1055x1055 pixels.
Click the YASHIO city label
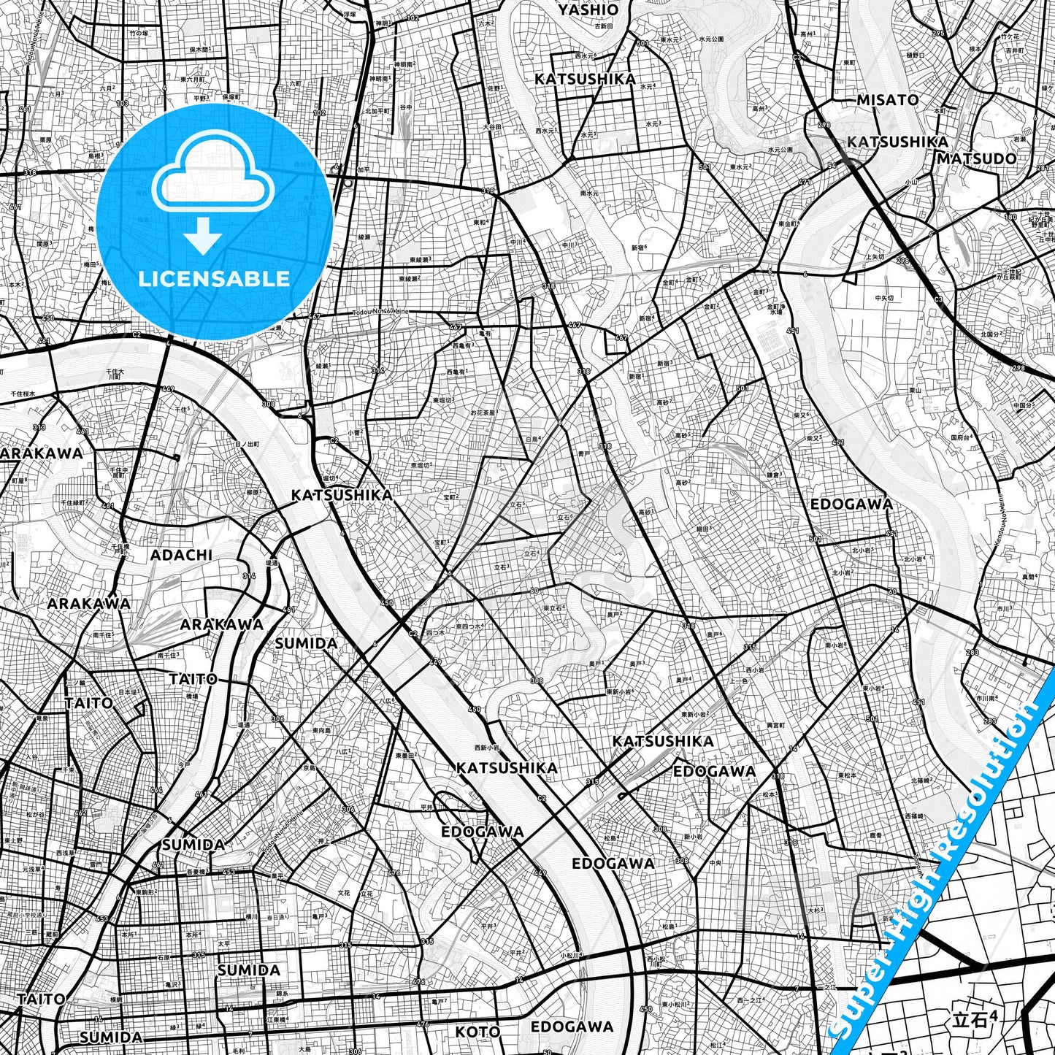(x=588, y=10)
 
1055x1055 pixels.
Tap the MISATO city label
(x=887, y=100)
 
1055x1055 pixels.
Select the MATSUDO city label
(x=976, y=158)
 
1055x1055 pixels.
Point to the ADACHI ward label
(x=181, y=555)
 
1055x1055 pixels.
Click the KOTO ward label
(x=477, y=1032)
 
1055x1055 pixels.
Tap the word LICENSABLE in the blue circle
(x=214, y=278)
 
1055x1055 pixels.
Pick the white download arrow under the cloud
(x=203, y=235)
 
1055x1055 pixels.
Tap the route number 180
(x=1010, y=217)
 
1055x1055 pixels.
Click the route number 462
(x=81, y=813)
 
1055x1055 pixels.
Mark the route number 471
(x=805, y=183)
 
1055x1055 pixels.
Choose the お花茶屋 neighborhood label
(x=483, y=413)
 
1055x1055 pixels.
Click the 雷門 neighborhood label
(x=96, y=863)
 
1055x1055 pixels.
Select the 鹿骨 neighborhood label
(x=875, y=835)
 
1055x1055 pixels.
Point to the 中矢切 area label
(x=883, y=298)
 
